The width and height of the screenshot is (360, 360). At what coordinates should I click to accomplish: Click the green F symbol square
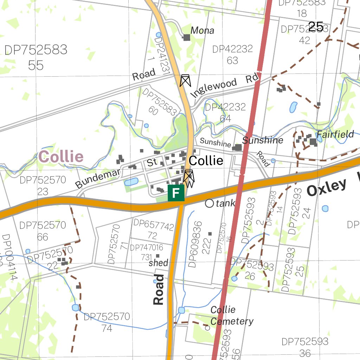(176, 193)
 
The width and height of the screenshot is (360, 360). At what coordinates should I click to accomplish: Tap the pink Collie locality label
(61, 157)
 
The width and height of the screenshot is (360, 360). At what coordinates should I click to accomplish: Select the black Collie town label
(206, 161)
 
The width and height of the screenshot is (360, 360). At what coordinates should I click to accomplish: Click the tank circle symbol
(210, 203)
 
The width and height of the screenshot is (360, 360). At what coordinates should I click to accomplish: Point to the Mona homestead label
(202, 31)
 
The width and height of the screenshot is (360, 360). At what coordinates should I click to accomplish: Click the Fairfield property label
(335, 134)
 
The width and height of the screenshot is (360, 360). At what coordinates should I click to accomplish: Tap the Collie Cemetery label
(232, 316)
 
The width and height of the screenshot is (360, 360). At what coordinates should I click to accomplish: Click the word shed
(159, 263)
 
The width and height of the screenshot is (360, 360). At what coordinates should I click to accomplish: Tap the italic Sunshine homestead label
(263, 141)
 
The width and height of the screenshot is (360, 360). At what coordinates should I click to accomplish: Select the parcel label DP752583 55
(36, 57)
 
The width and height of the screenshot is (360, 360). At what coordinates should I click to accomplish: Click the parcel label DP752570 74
(107, 322)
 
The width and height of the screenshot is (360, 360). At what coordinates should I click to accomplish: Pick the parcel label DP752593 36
(305, 347)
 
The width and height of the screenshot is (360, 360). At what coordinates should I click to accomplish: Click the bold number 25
(316, 26)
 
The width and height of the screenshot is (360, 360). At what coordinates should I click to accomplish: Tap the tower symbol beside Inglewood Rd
(185, 81)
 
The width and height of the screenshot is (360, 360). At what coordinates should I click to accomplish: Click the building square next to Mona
(186, 37)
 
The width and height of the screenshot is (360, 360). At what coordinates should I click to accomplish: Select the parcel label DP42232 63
(232, 54)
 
